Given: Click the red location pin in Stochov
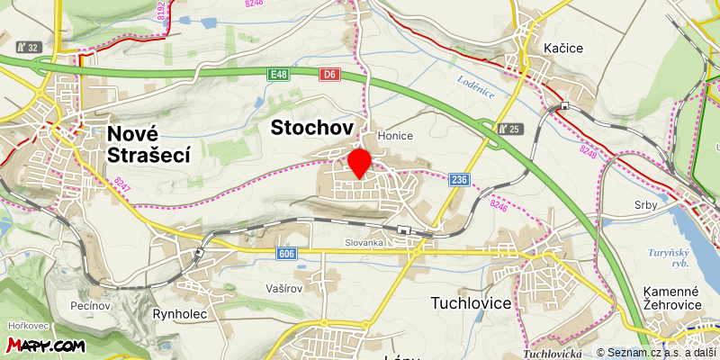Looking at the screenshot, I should coord(360,162).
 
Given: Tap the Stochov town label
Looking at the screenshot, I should coord(311,128).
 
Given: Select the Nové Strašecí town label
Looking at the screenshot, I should coord(148,144).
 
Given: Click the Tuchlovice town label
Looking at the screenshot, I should coord(471,303).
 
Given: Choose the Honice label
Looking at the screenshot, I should coord(395,136).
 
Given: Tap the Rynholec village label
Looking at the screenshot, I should coord(182,314).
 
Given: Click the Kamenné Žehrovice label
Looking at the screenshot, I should coord(671,299).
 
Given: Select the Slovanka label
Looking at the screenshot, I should coord(364,243).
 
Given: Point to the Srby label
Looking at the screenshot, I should coord(645,205).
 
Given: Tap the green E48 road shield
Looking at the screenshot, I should coord(278,75).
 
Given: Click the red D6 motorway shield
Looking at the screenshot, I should coord(329,75).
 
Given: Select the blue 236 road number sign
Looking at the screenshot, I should coord(459,180).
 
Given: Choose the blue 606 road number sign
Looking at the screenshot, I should coord(286,255).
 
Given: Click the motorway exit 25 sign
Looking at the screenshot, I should coord(510,129).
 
